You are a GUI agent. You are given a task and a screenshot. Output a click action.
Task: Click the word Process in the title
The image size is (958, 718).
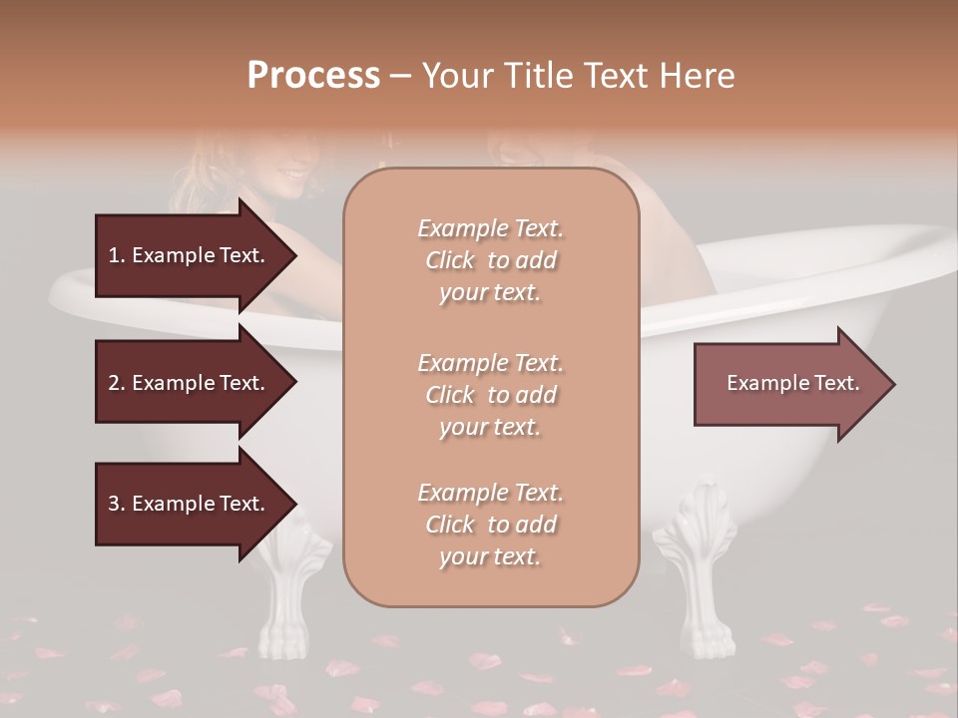pyautogui.click(x=313, y=76)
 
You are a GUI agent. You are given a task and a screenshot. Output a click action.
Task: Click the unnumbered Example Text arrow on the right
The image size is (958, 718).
pyautogui.click(x=792, y=383)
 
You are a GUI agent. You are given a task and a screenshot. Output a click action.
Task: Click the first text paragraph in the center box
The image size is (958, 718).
pyautogui.click(x=490, y=260)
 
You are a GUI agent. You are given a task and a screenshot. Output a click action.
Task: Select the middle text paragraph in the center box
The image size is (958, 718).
pyautogui.click(x=490, y=395)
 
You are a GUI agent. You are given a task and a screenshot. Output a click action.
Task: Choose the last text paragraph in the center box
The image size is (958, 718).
pyautogui.click(x=490, y=525)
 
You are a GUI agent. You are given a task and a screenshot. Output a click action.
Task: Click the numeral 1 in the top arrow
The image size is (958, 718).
pyautogui.click(x=113, y=255)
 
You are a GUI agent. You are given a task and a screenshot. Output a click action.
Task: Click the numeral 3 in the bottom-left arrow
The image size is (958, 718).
pyautogui.click(x=113, y=504)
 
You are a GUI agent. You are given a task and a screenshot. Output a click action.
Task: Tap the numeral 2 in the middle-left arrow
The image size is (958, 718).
pyautogui.click(x=113, y=383)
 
